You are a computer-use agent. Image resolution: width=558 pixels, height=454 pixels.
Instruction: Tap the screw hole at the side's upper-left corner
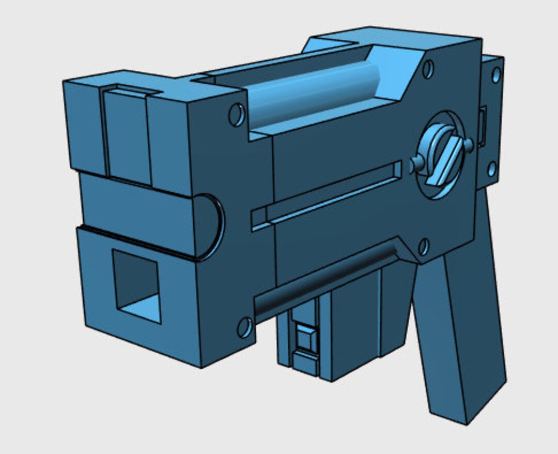coord(236,115)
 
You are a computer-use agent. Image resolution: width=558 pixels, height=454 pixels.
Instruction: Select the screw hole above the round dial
coord(428,69)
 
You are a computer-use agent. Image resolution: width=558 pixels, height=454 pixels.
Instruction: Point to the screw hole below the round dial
coord(423,247)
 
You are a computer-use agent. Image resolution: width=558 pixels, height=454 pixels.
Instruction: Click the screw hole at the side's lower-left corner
coord(244,328)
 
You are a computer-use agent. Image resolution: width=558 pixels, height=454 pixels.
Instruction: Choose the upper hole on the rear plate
coord(496,75)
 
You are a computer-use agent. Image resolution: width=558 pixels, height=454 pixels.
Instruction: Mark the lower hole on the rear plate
coord(491,169)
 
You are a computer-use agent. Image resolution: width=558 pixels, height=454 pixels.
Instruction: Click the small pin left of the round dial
coord(416,164)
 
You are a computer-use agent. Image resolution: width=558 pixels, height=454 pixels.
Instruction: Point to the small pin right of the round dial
coord(469,145)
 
